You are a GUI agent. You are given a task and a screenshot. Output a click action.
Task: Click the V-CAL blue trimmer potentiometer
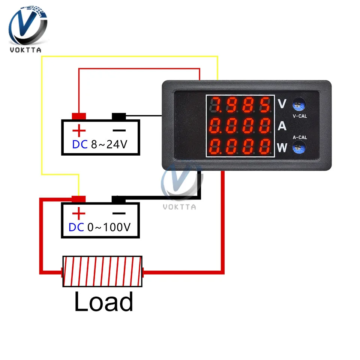point(298,103)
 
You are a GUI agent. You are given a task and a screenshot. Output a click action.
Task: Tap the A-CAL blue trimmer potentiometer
point(298,147)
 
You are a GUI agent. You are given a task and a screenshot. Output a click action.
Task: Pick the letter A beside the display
point(282,126)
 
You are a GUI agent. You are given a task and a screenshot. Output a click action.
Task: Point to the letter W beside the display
point(282,148)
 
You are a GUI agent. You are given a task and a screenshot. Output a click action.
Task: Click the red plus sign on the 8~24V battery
point(79,131)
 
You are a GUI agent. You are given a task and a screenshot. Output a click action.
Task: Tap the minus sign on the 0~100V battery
point(119,213)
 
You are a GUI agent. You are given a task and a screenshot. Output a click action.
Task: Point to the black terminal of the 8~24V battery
point(119,117)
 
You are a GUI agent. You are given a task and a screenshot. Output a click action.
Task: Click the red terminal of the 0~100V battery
point(79,199)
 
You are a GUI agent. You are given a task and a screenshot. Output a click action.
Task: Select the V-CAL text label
point(300,116)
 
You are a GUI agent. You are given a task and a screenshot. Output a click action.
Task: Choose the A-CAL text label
point(300,138)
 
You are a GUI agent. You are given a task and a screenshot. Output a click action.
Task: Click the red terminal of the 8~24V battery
point(79,116)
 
